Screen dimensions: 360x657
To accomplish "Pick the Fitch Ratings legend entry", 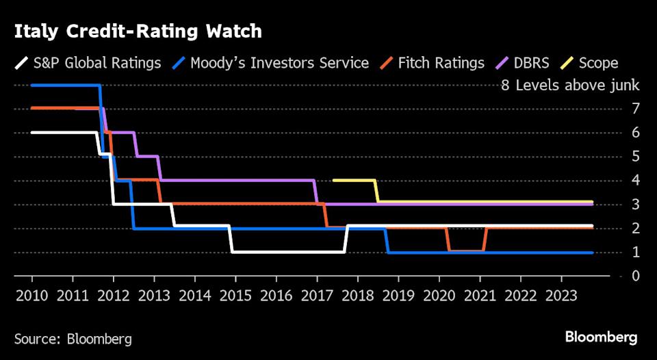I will point(433,63).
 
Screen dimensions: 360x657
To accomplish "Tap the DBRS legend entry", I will point(526,63).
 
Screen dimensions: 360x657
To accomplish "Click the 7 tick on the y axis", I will point(636,109).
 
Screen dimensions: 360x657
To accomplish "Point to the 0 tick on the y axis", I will point(636,277).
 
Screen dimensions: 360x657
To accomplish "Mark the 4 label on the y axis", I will point(636,181).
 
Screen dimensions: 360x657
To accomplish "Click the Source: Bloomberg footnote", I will point(73,339).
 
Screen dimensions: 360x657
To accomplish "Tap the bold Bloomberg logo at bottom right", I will point(601,337).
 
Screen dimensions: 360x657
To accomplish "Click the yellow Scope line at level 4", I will point(354,180).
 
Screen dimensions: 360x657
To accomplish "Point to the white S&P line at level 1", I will point(287,252).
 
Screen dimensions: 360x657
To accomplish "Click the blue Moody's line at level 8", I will point(65,85).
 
